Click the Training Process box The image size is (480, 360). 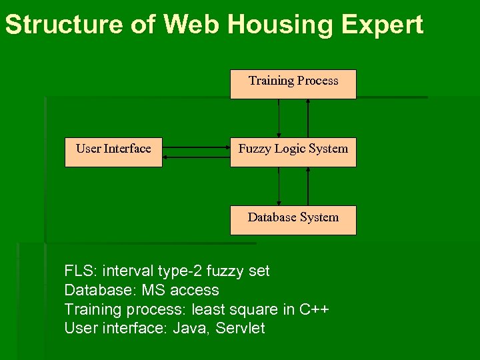[293, 84]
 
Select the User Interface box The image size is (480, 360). [113, 152]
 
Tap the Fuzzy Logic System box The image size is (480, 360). [293, 152]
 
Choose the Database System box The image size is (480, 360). [293, 220]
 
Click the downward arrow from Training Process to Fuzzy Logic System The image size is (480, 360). [279, 118]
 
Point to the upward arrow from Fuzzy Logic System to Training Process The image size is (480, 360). [308, 118]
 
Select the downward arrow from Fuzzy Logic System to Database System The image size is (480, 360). [279, 186]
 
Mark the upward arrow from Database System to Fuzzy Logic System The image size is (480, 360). [308, 186]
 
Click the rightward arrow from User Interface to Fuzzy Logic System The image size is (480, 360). [196, 147]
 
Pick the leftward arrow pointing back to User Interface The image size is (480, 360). [196, 157]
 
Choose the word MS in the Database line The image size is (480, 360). [155, 290]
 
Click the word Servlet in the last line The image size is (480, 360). [240, 328]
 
